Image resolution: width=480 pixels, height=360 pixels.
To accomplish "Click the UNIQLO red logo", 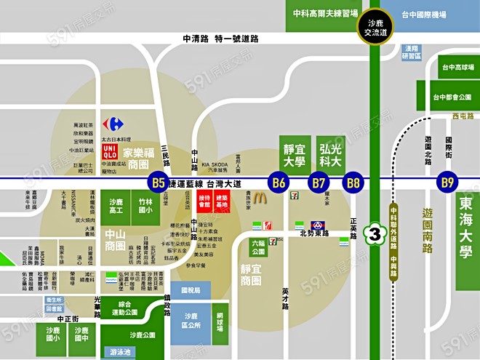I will [x=108, y=151].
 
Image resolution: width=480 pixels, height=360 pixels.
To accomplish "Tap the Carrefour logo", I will [x=112, y=124].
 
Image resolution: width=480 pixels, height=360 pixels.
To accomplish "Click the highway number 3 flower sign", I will [x=375, y=234].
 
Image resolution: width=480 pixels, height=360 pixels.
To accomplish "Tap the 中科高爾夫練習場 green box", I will [x=325, y=15].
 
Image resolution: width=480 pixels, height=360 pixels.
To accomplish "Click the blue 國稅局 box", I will [x=191, y=291].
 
